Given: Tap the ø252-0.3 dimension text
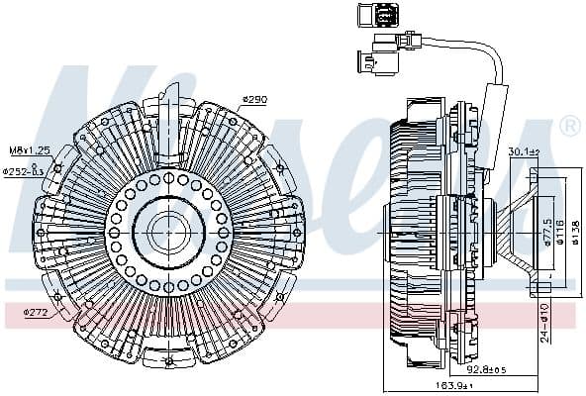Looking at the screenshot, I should (24, 170).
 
